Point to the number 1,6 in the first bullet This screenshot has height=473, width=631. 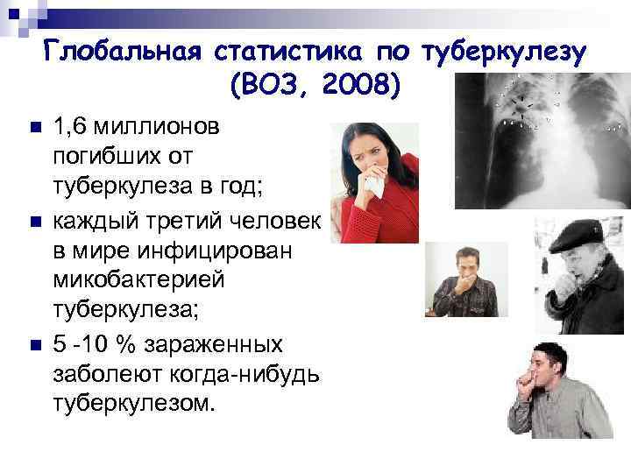tap(69, 127)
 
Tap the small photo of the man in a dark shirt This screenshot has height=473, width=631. tap(459, 279)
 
